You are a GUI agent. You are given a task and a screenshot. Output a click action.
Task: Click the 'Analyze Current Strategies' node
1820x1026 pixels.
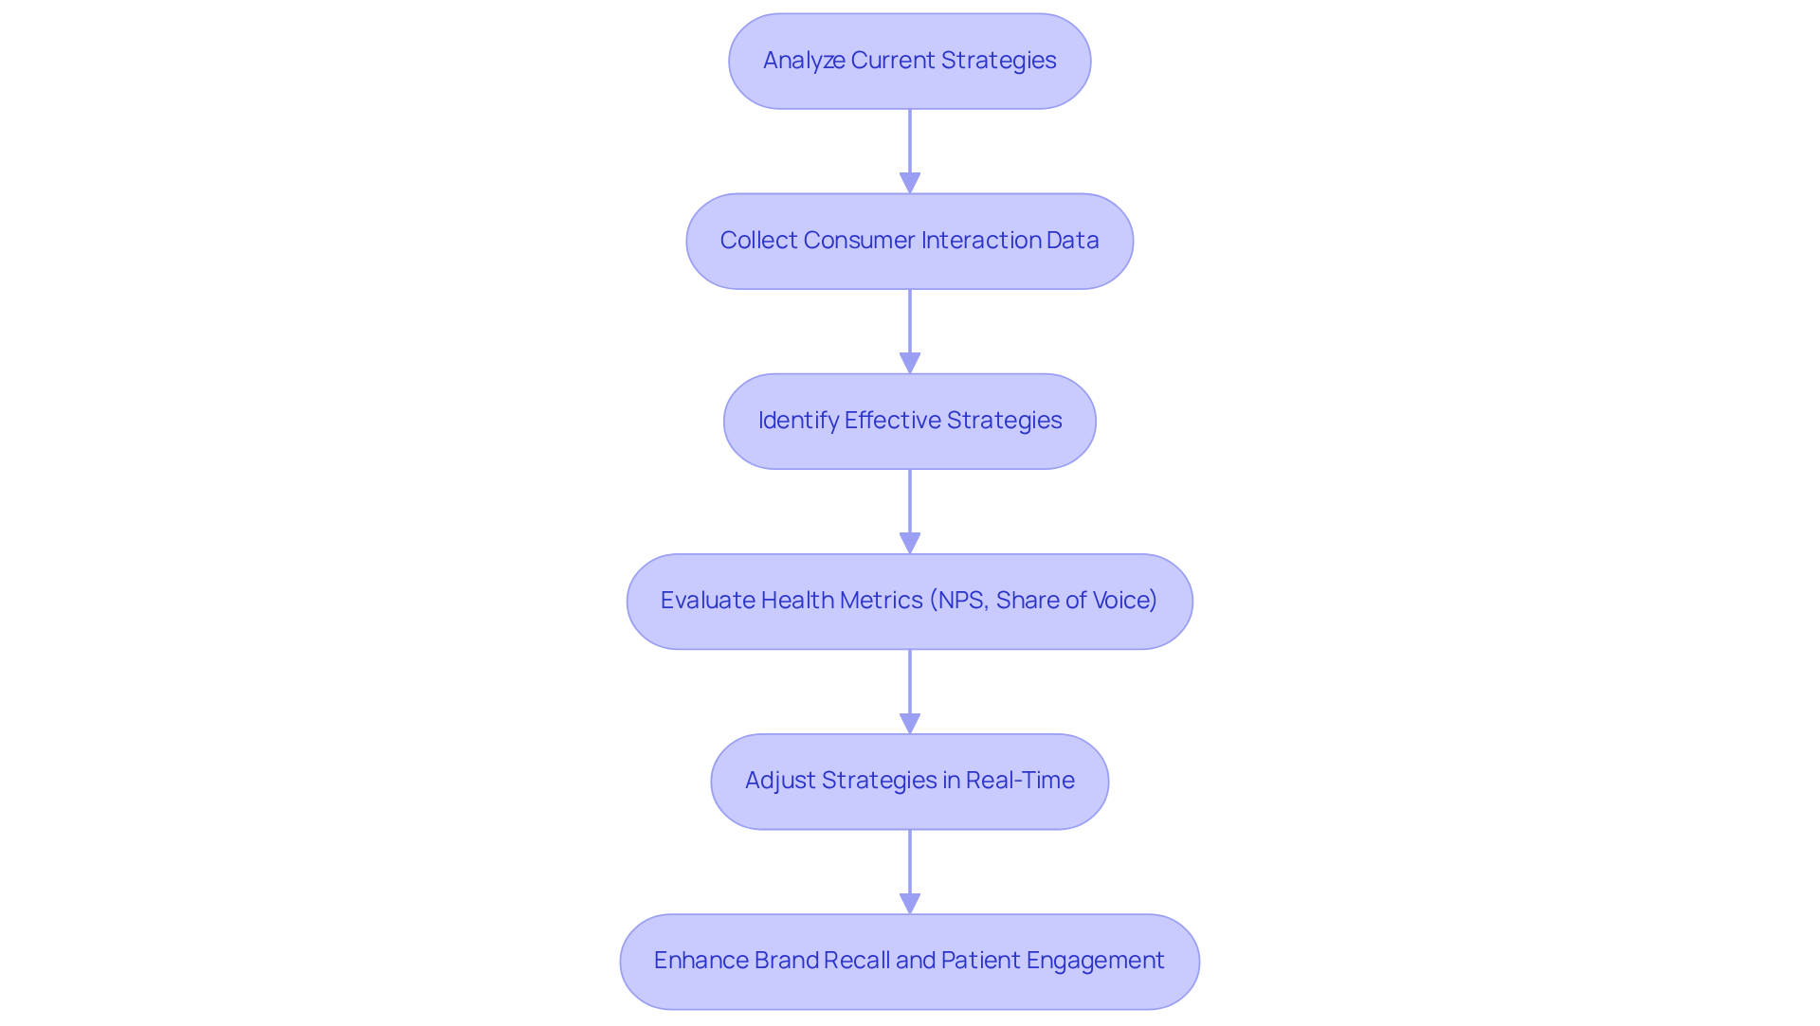[x=909, y=61]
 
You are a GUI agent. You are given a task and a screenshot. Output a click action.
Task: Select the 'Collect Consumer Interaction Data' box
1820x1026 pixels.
[x=909, y=241]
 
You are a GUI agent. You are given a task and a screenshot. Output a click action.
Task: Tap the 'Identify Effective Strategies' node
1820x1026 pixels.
[x=909, y=421]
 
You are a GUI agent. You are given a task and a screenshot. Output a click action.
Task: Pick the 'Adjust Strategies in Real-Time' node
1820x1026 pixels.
[x=909, y=781]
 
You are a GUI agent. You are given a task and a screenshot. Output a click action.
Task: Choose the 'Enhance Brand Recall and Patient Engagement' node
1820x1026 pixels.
[x=909, y=961]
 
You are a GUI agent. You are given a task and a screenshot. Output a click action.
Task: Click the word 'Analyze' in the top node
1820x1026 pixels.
[x=804, y=61]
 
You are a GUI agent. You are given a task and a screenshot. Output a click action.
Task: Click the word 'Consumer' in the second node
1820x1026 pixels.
[x=859, y=241]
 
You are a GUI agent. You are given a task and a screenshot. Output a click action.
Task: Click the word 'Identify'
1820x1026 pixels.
[x=798, y=421]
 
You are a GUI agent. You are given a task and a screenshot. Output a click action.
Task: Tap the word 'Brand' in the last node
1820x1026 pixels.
[x=786, y=961]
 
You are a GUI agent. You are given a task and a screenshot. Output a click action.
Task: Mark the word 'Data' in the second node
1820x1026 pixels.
[x=1073, y=241]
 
